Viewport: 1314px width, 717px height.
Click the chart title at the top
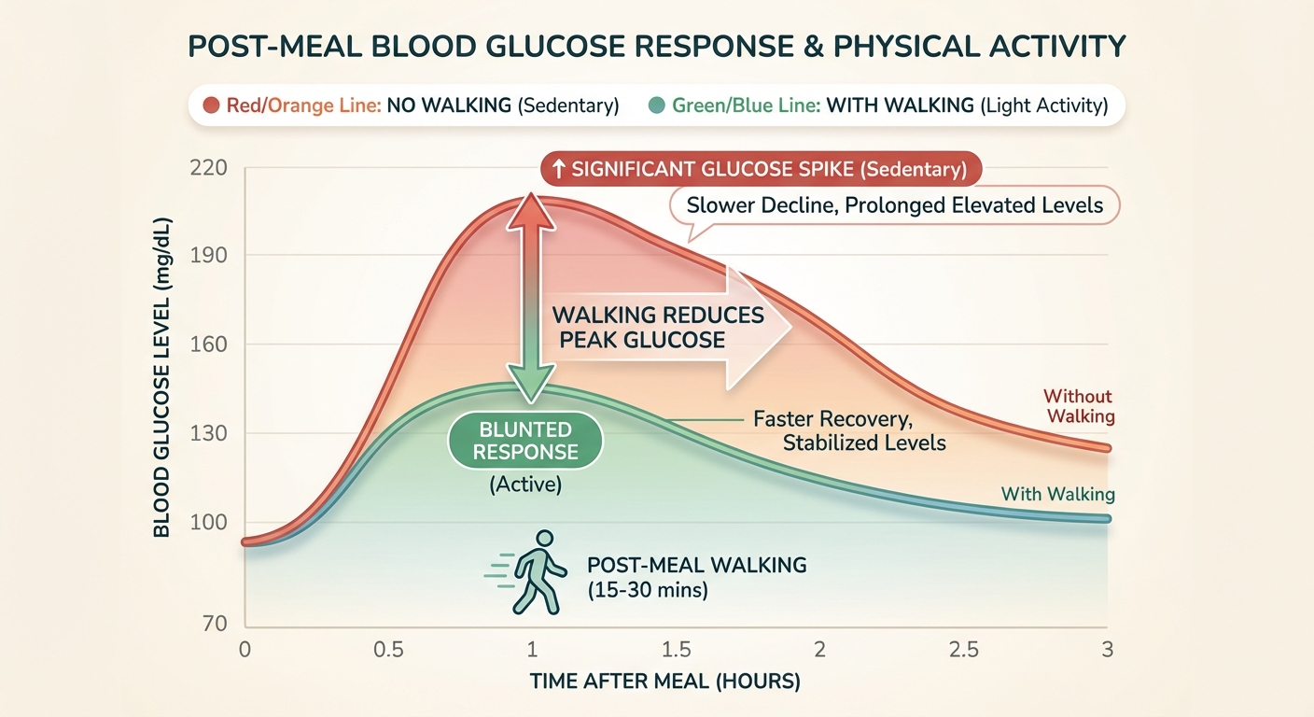coord(656,46)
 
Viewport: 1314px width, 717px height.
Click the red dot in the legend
coord(211,105)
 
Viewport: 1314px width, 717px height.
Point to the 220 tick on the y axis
coord(209,169)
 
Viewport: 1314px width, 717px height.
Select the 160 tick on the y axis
coord(209,344)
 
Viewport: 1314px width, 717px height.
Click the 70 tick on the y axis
coord(216,623)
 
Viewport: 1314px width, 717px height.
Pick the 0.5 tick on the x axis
coord(386,649)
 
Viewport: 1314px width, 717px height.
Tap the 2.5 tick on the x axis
coord(961,649)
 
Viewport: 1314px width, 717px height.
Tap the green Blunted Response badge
coord(525,441)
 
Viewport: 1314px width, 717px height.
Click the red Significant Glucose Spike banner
coord(762,170)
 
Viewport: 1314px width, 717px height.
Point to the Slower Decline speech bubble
coord(894,206)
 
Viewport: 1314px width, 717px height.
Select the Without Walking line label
coord(1078,406)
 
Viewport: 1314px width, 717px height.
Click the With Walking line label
coord(1057,494)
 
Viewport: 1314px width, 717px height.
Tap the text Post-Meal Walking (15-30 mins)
coord(695,577)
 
